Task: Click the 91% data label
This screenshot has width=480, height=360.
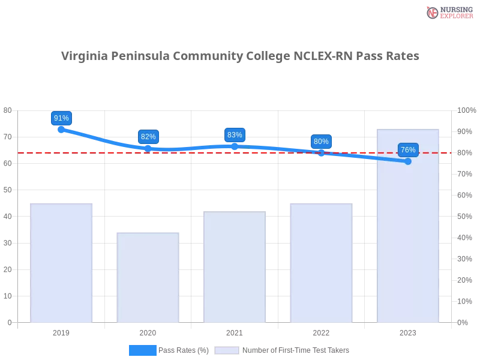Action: [x=61, y=118]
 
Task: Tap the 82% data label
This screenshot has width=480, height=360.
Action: [x=148, y=137]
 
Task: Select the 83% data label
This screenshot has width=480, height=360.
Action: [x=235, y=135]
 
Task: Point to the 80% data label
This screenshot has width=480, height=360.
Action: [x=321, y=142]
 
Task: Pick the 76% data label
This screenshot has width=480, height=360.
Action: [x=408, y=150]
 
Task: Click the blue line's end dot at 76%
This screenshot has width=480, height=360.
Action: [x=408, y=161]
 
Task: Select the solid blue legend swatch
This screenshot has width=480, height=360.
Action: [x=142, y=350]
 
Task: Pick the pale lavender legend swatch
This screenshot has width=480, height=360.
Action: [x=227, y=350]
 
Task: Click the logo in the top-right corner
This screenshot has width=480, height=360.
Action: [x=448, y=12]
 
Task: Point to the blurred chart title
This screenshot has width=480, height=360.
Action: [x=240, y=56]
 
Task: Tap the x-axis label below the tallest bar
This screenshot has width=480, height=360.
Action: [x=408, y=331]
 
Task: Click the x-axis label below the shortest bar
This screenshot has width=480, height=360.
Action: [x=148, y=331]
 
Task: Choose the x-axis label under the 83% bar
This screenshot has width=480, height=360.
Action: [x=235, y=331]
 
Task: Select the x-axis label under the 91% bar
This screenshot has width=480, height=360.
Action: [x=62, y=331]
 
